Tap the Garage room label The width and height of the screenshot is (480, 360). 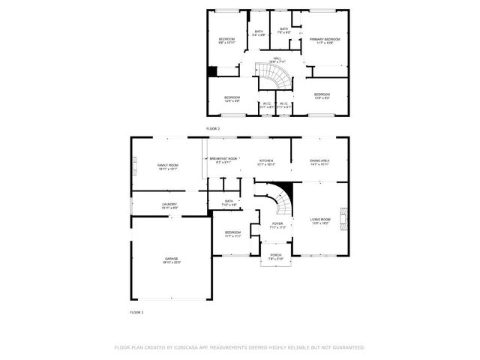pos(172,259)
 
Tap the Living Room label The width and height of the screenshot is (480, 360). pos(320,219)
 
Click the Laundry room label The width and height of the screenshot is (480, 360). pos(169,204)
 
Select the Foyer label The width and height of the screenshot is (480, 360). pos(277,223)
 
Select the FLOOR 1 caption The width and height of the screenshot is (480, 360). pos(136,311)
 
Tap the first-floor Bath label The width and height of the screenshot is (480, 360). pos(229,201)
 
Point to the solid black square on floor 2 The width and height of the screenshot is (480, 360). pos(213,72)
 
